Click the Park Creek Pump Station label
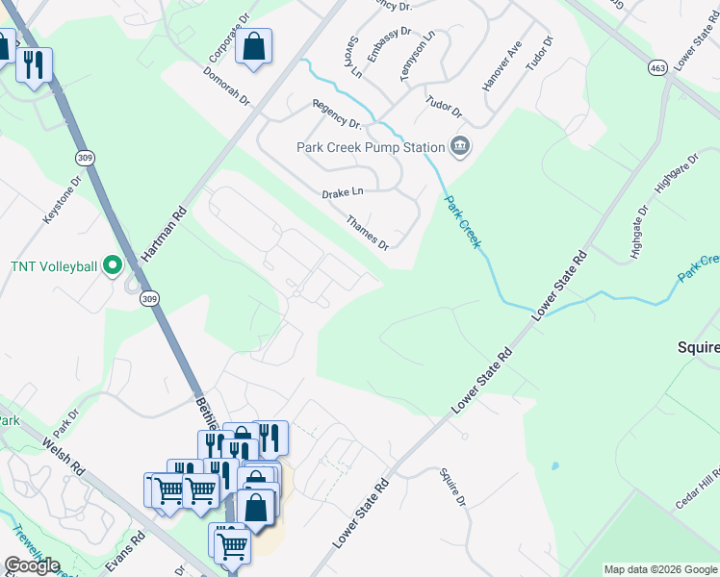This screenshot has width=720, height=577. click(371, 147)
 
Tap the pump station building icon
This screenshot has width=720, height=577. click(460, 146)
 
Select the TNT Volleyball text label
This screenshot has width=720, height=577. click(54, 265)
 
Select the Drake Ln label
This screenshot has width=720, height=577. click(343, 193)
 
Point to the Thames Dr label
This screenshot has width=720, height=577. click(368, 232)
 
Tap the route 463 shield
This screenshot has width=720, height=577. click(657, 68)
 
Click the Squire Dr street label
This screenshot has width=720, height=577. click(451, 488)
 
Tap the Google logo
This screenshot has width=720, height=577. click(32, 565)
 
